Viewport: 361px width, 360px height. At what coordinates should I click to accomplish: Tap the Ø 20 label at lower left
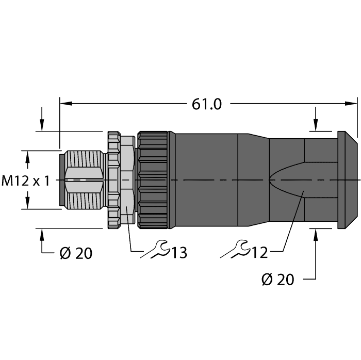[x=75, y=254]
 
